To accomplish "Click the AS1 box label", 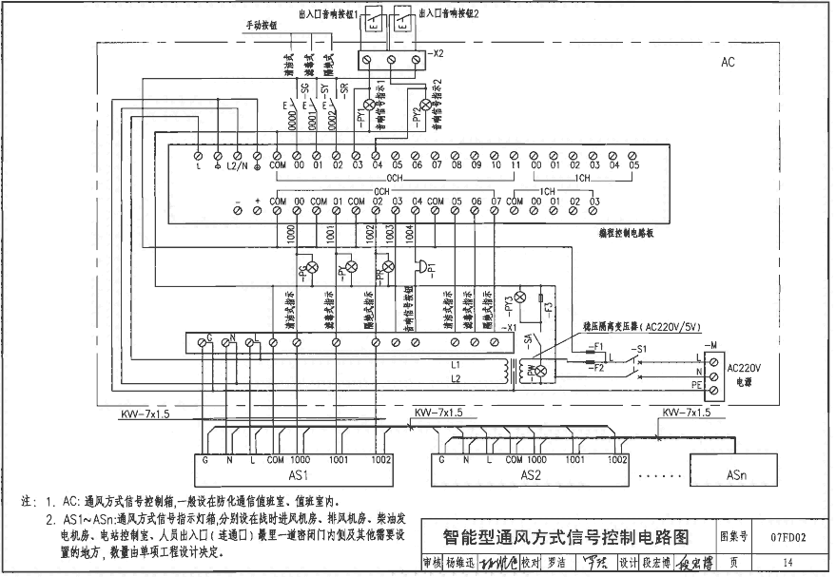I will (x=299, y=474).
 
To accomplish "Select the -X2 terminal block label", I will (x=437, y=54).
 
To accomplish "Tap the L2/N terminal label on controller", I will (x=237, y=166).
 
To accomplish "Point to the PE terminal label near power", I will (x=697, y=385).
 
